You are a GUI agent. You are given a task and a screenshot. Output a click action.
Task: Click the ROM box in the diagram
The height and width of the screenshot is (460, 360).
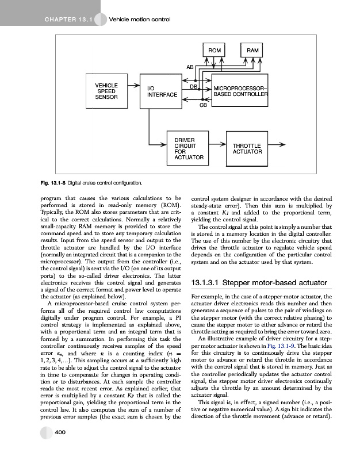coord(215,51)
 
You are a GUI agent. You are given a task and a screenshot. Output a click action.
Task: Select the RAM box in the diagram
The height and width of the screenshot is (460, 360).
coord(252,51)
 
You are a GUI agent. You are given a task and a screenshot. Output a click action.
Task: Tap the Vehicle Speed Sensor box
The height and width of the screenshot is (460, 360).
coord(106,91)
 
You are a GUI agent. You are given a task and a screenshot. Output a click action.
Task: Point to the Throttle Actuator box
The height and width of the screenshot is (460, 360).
coord(247,149)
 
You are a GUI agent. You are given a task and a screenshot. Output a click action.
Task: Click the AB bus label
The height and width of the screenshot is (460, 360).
coord(190,68)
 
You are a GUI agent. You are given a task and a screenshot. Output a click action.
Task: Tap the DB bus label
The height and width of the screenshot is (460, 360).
coord(194,86)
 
